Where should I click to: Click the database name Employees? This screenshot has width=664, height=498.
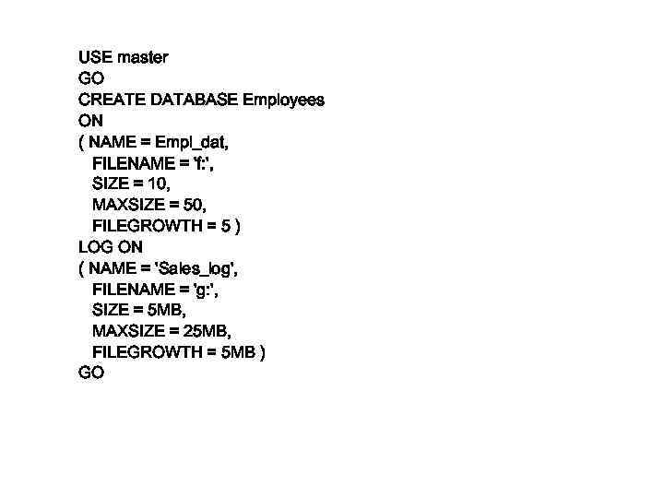point(283,100)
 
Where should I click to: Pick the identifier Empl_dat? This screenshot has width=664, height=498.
point(191,142)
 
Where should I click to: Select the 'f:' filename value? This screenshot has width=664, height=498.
point(200,163)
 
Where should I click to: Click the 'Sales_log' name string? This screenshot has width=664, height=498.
point(196,268)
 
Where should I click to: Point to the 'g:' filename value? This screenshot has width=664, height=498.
point(203,290)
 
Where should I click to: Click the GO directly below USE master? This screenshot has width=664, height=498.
point(91,78)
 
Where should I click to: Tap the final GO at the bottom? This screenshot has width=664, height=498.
point(91,373)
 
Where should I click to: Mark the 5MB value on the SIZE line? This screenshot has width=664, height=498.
point(165,310)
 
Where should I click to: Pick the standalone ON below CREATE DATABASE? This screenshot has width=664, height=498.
point(90,121)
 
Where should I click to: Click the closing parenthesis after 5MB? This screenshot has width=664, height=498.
point(263,352)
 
